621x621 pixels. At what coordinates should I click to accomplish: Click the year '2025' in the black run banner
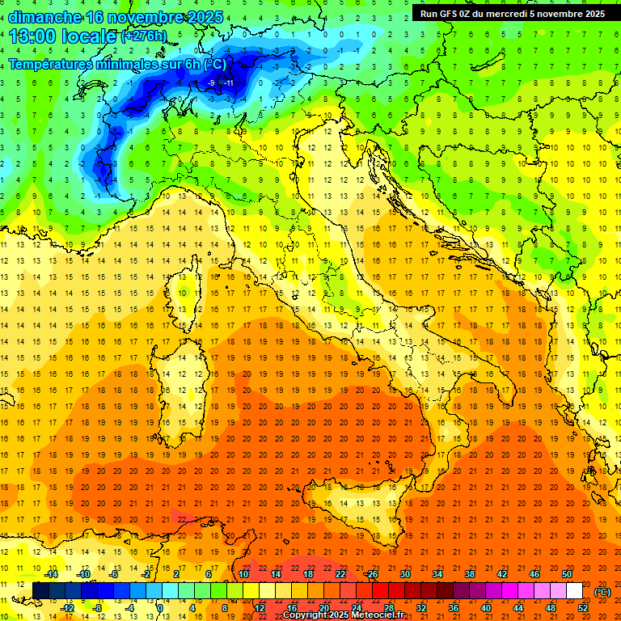click(x=590, y=13)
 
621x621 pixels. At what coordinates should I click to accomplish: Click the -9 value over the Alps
click(x=211, y=82)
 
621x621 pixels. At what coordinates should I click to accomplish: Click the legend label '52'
click(x=582, y=607)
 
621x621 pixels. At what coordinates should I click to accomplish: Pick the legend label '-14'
click(x=50, y=574)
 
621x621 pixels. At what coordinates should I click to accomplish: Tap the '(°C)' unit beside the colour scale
click(x=602, y=591)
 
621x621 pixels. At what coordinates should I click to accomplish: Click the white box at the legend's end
click(x=574, y=590)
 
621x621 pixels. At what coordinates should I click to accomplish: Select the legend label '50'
click(x=566, y=574)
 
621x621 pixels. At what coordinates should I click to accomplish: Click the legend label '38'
click(x=469, y=574)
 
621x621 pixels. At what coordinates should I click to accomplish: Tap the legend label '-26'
click(x=371, y=574)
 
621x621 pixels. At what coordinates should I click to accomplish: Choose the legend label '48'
click(x=550, y=607)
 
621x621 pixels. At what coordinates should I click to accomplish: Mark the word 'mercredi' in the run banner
click(x=522, y=13)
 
